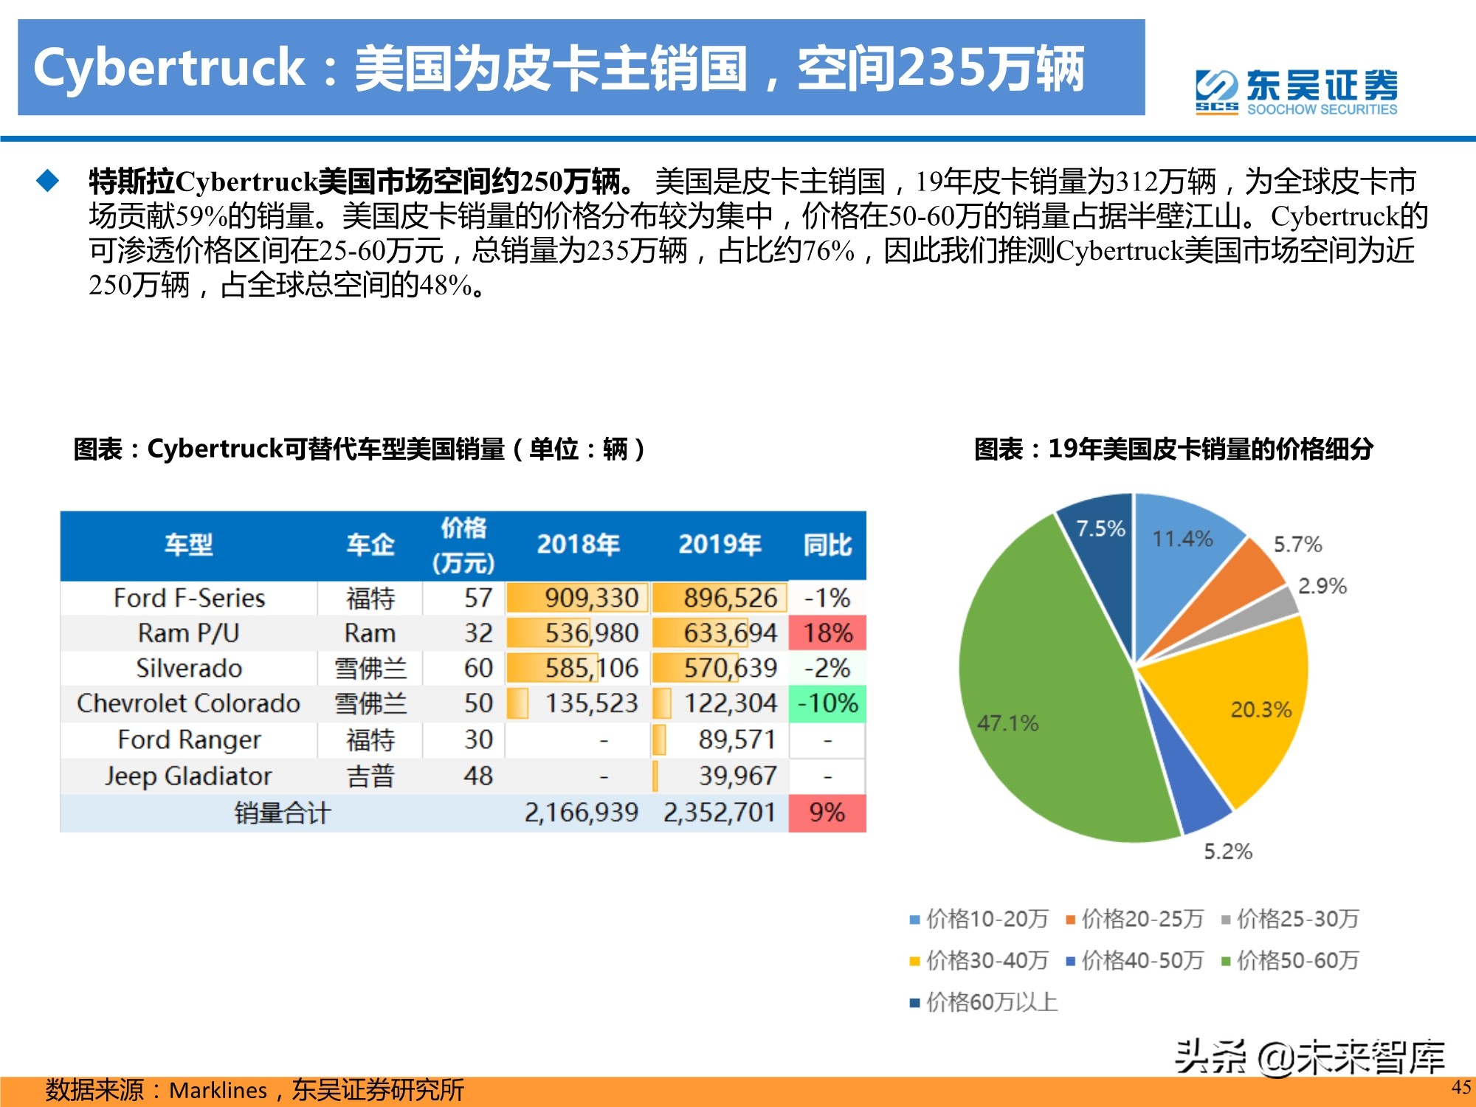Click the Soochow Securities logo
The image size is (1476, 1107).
(1296, 92)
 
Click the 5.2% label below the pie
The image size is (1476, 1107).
(1228, 852)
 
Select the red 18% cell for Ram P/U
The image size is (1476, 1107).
(827, 633)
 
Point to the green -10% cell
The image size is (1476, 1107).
(827, 703)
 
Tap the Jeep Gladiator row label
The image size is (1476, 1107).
(188, 776)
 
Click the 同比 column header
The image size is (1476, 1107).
(827, 545)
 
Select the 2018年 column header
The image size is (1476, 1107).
(578, 545)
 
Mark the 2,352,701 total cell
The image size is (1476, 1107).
(720, 813)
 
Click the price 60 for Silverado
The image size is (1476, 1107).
(477, 668)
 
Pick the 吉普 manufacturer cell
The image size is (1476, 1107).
(370, 776)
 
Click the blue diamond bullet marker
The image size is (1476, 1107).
(48, 181)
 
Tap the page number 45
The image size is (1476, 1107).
(1461, 1086)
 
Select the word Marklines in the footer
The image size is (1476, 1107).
(218, 1090)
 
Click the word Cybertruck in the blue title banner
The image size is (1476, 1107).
(170, 68)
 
